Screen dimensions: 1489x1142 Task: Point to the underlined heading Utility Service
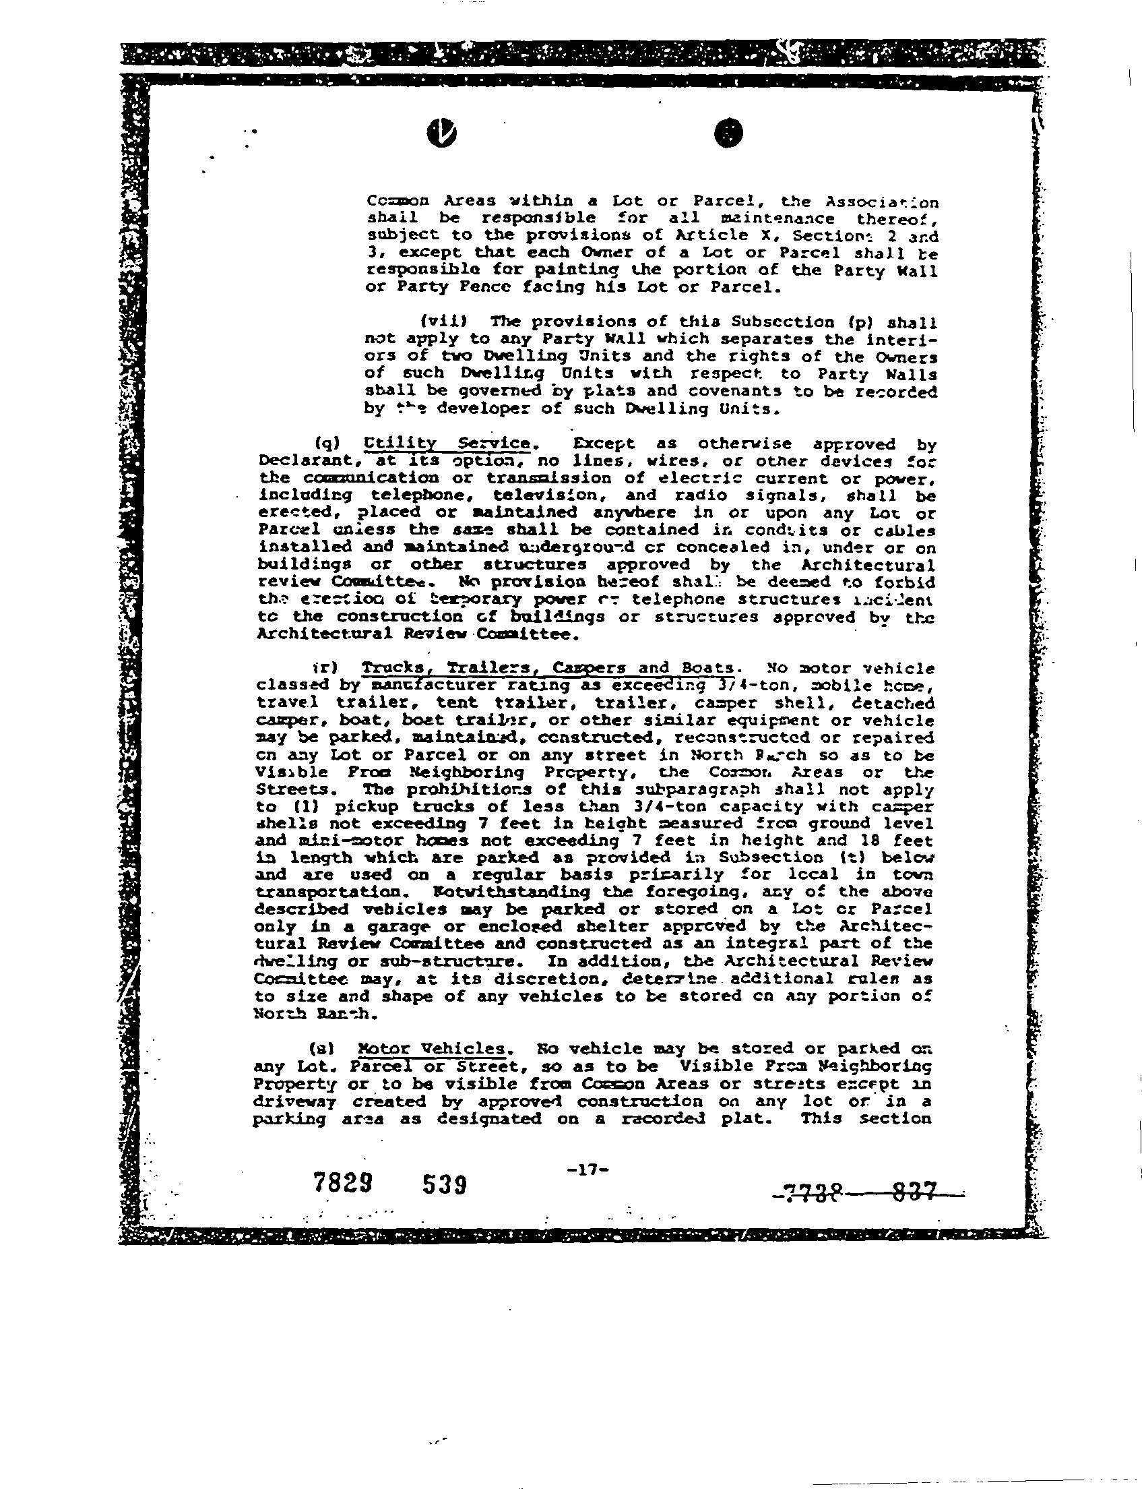[447, 444]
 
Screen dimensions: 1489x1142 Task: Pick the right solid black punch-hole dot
[729, 133]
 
